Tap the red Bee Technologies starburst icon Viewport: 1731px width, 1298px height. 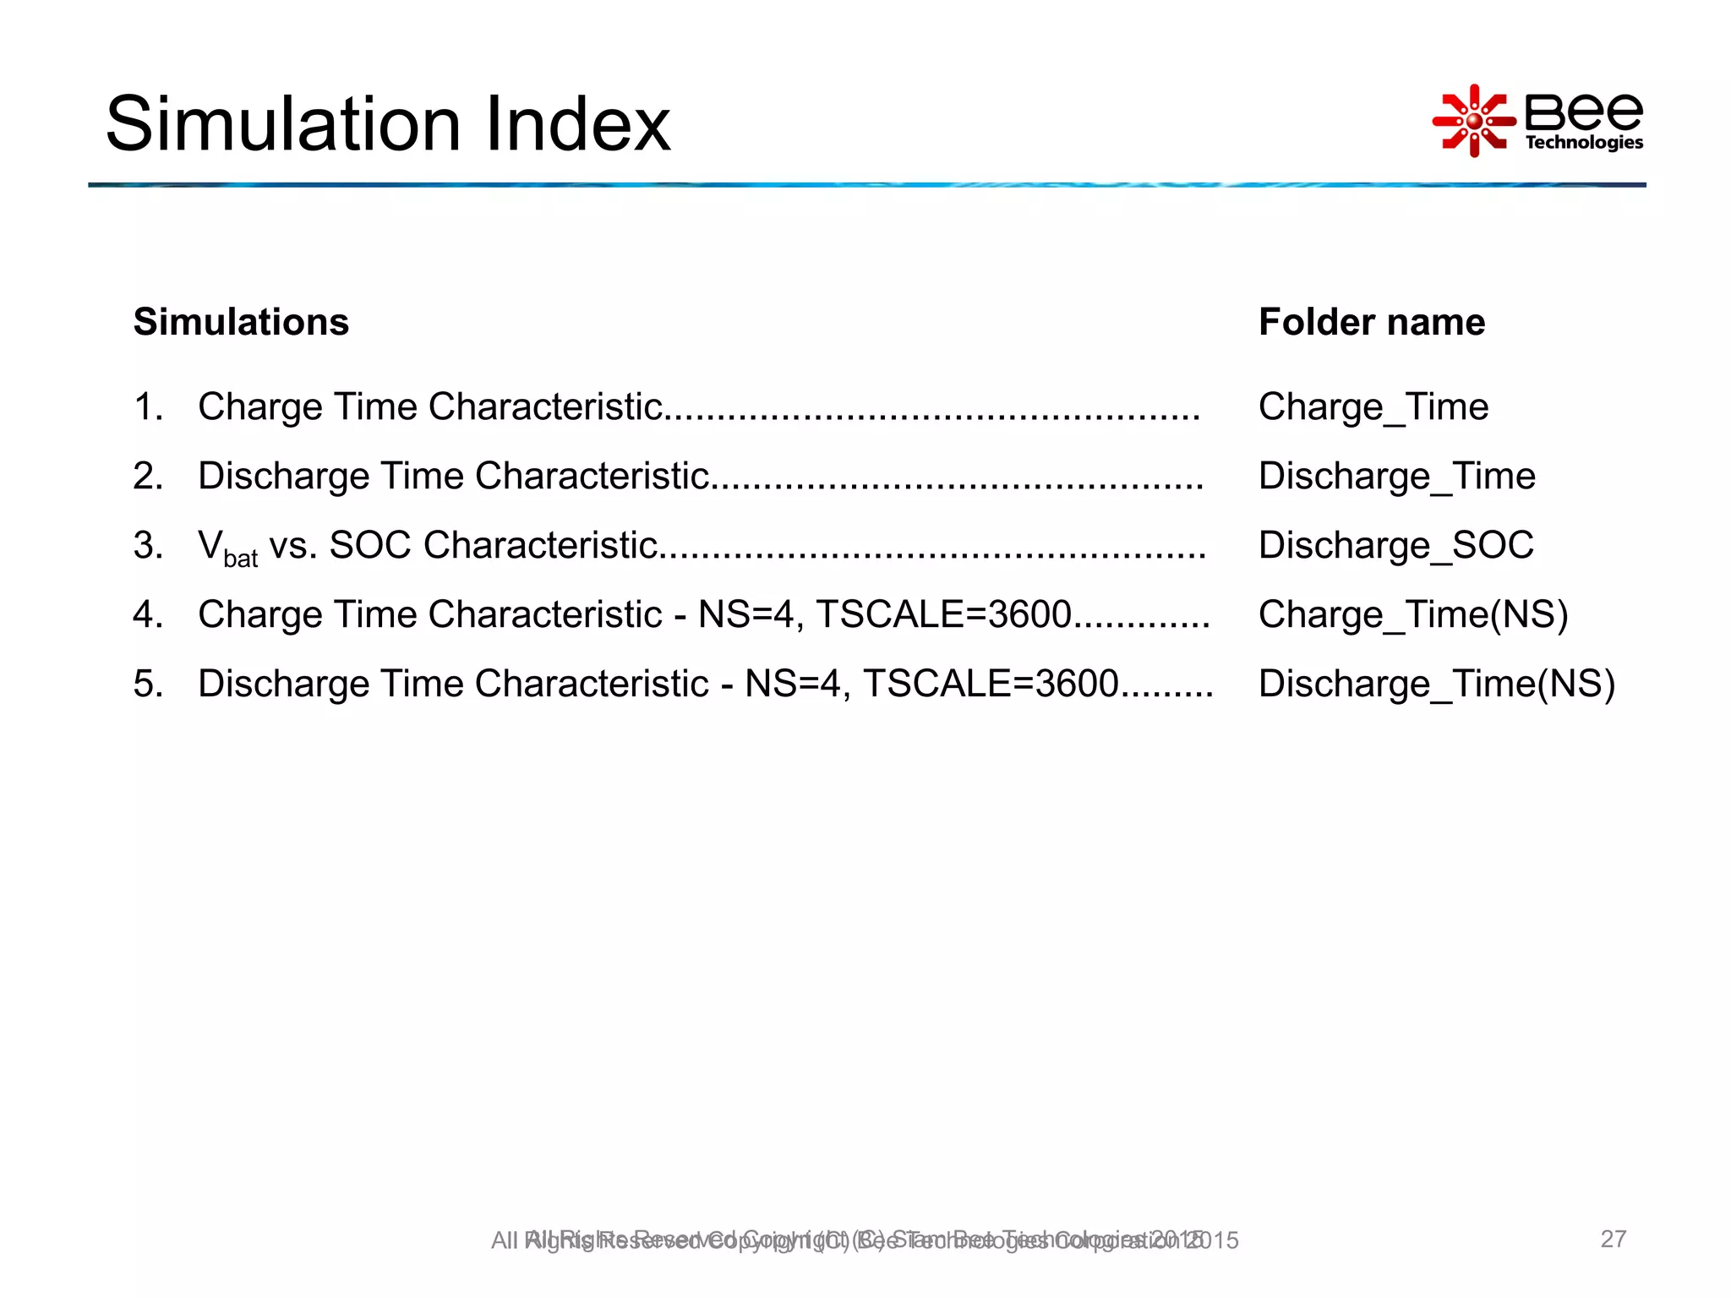pyautogui.click(x=1473, y=121)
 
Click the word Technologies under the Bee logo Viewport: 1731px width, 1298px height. pyautogui.click(x=1584, y=142)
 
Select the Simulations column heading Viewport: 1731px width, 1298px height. pyautogui.click(x=241, y=322)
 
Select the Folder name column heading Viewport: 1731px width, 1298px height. pyautogui.click(x=1371, y=322)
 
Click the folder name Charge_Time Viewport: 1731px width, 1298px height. pyautogui.click(x=1373, y=407)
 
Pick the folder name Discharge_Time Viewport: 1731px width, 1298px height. pyautogui.click(x=1396, y=477)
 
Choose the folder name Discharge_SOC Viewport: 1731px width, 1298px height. pyautogui.click(x=1395, y=546)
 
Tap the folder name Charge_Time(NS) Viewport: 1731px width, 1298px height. pyautogui.click(x=1412, y=615)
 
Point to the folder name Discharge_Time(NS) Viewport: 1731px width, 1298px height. pyautogui.click(x=1436, y=684)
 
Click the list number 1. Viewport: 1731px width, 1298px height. pyautogui.click(x=147, y=407)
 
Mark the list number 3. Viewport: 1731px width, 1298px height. pyautogui.click(x=147, y=546)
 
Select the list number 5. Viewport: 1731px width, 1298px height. pyautogui.click(x=147, y=684)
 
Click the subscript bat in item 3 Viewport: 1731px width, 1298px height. pyautogui.click(x=241, y=559)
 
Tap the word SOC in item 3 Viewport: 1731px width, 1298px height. pyautogui.click(x=370, y=546)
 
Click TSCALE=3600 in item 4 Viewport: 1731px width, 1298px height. pyautogui.click(x=943, y=615)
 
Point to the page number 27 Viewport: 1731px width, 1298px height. pyautogui.click(x=1613, y=1239)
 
